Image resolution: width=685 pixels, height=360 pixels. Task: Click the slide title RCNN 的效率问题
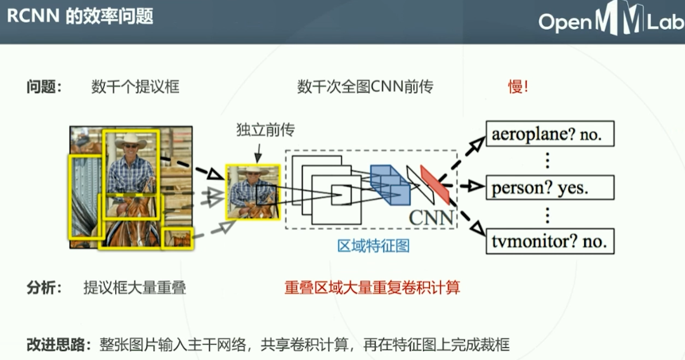coord(81,16)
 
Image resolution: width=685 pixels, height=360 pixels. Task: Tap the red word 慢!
coord(518,87)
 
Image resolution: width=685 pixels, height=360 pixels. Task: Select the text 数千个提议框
coord(135,87)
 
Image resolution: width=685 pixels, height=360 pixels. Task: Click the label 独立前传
coord(265,130)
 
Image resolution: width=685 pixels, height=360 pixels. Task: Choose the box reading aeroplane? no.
coord(550,134)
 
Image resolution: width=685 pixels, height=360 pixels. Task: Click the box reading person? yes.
coord(550,187)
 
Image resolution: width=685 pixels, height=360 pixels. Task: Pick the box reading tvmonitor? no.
coord(550,240)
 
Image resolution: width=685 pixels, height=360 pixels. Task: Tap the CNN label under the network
coord(431,217)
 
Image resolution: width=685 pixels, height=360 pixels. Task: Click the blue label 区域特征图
coord(373,246)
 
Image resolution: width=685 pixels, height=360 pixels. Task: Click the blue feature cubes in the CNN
coord(390,184)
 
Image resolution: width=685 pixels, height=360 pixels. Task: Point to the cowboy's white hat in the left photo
coord(130,141)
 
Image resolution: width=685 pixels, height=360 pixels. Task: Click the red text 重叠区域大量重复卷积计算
coord(372,288)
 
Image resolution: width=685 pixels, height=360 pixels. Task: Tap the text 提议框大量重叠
coord(134,288)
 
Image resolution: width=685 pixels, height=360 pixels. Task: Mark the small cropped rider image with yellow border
coord(253,191)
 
